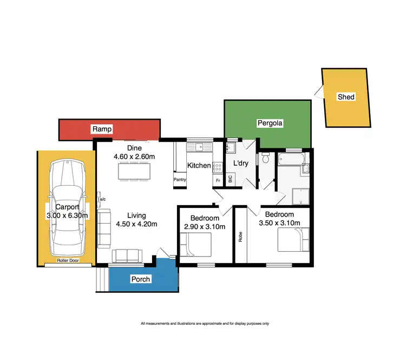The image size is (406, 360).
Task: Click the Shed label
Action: (346, 97)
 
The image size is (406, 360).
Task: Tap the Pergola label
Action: (270, 123)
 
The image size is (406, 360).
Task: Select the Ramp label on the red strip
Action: (102, 129)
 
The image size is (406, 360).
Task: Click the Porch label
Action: (140, 279)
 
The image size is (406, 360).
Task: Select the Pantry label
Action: (180, 180)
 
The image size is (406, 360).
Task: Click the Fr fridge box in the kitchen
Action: (218, 180)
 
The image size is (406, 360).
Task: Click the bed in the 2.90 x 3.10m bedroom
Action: (198, 246)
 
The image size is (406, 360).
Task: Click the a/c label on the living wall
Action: (102, 199)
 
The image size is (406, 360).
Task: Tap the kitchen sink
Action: (199, 146)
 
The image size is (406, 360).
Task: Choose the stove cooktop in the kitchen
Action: (218, 166)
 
